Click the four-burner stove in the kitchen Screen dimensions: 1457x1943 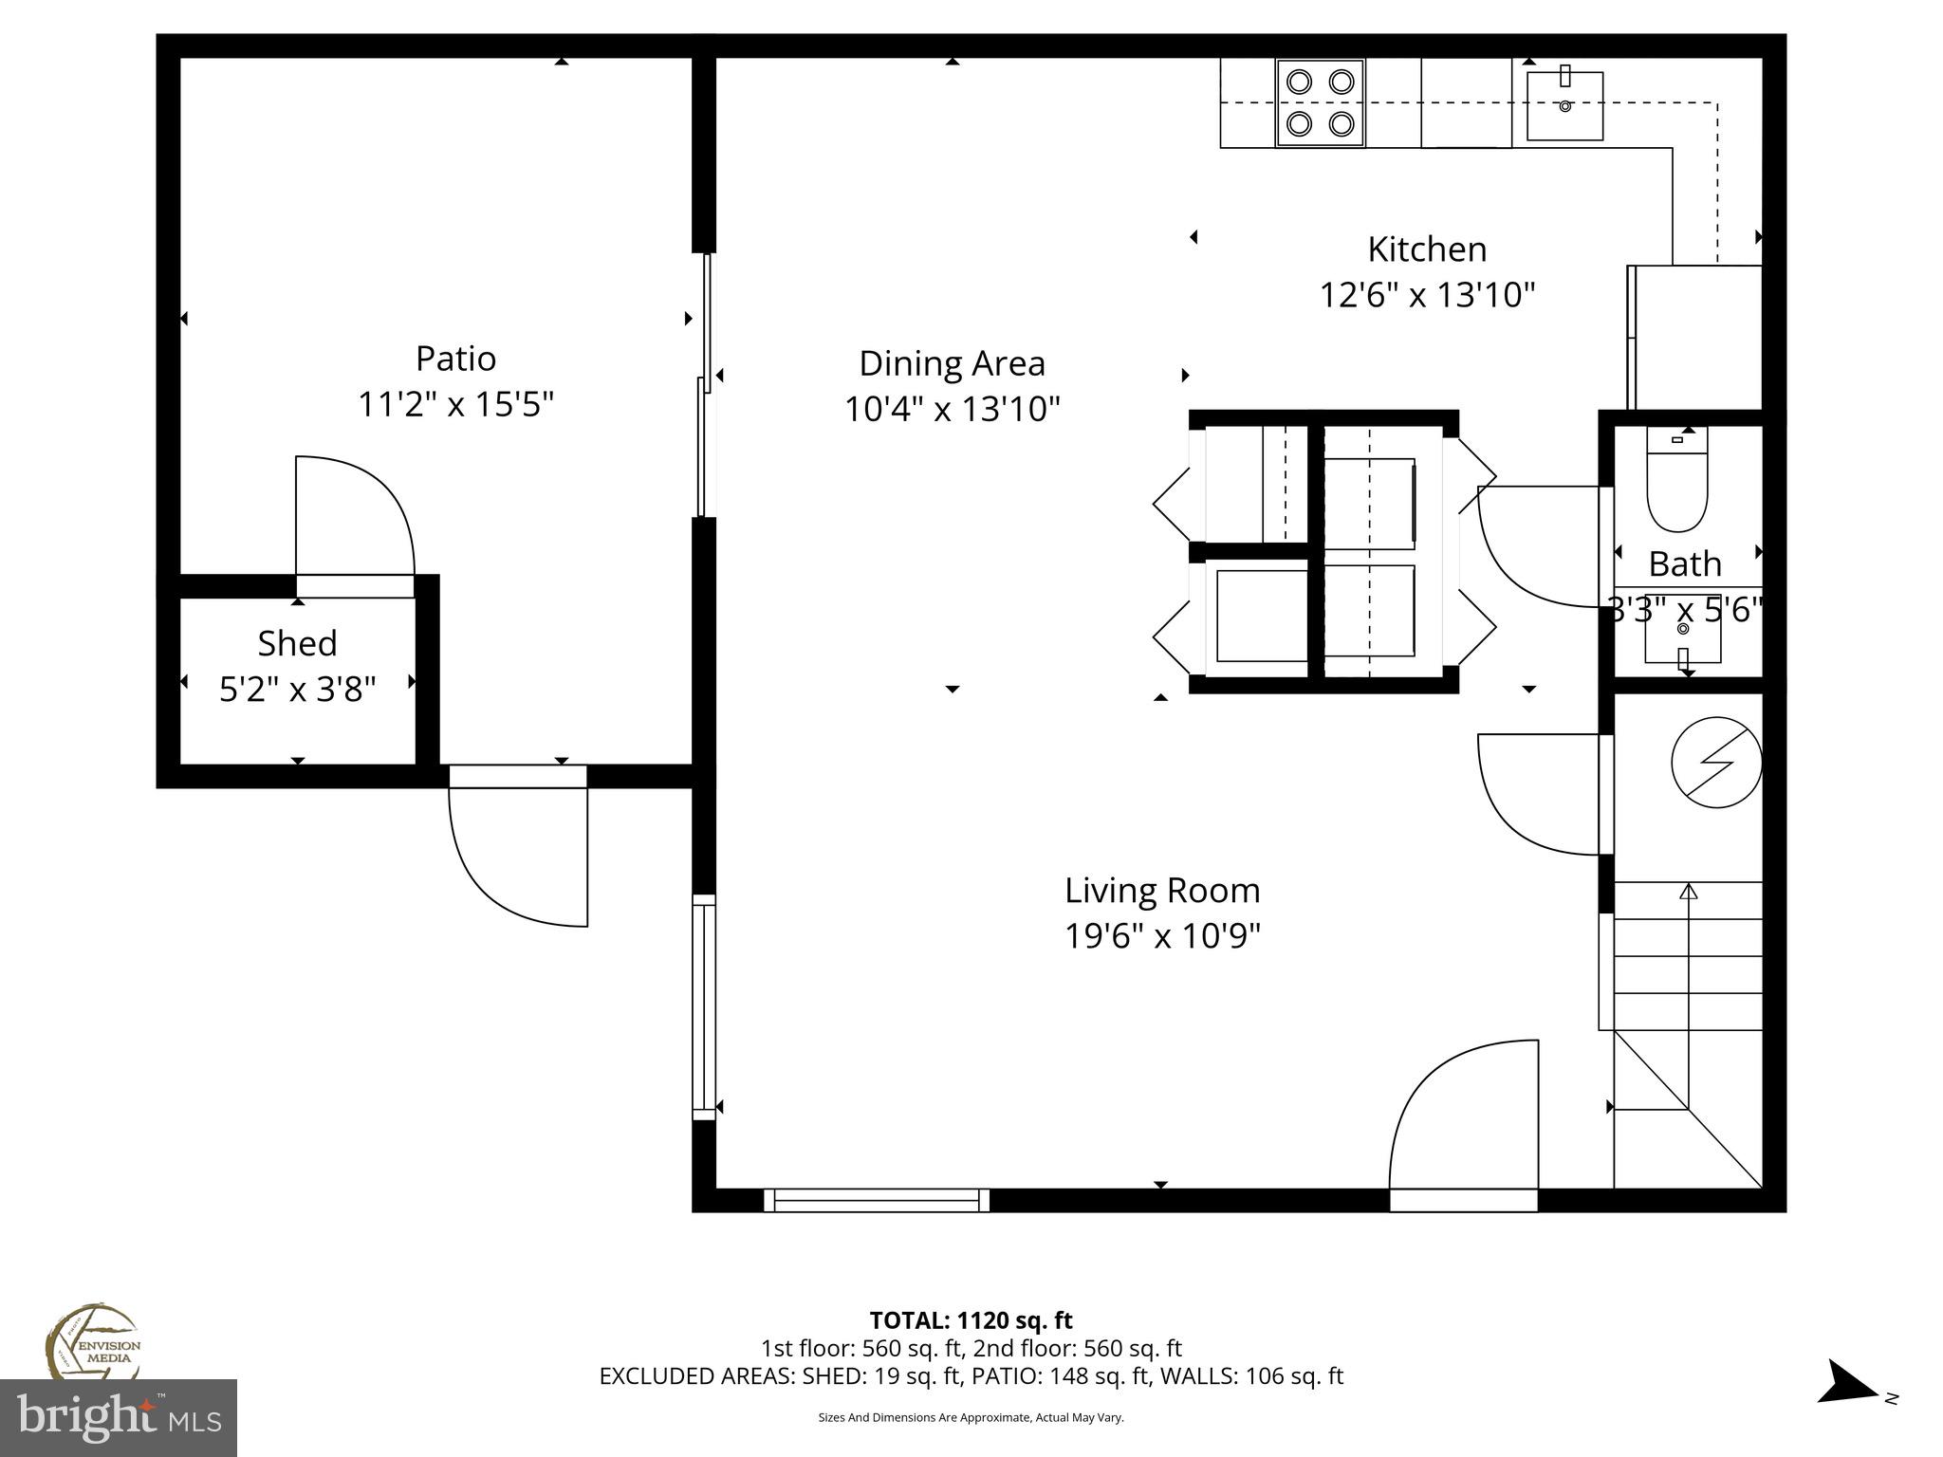(1320, 102)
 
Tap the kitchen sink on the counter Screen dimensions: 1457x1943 (1564, 105)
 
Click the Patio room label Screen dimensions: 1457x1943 (455, 359)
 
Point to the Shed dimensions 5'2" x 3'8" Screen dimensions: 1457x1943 (298, 690)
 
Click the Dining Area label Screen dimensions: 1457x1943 (952, 363)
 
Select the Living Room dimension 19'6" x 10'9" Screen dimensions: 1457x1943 (1162, 936)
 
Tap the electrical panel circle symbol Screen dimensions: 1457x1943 (1715, 762)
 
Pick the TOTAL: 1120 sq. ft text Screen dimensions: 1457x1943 (971, 1320)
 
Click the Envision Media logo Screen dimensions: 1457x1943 (93, 1343)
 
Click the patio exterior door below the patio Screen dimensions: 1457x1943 (517, 854)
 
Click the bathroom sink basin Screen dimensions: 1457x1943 (1683, 641)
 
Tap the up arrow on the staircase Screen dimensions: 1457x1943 (1688, 893)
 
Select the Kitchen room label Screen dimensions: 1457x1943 (1427, 249)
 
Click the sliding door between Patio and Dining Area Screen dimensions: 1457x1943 (704, 384)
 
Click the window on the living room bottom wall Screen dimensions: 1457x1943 (876, 1200)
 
